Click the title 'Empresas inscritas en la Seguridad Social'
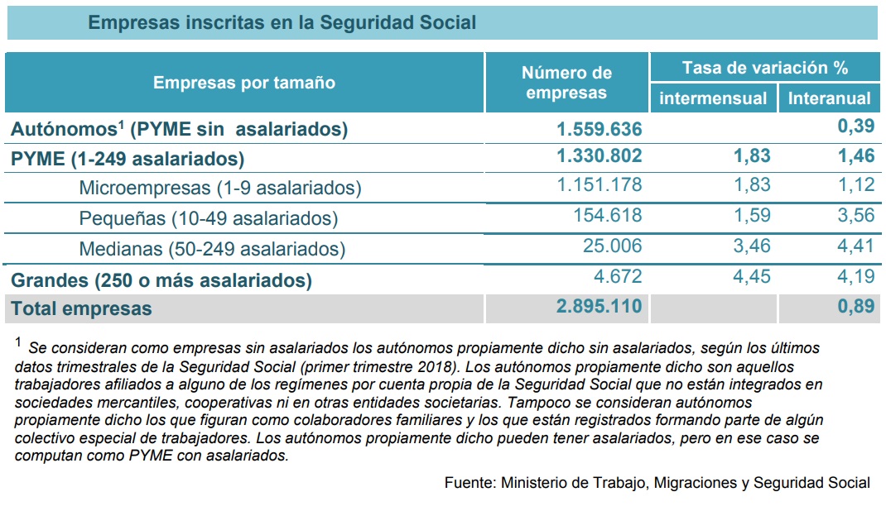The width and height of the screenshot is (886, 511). [x=282, y=22]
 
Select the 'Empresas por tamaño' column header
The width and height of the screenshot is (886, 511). [x=244, y=83]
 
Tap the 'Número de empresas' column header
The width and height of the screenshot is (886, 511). [x=566, y=83]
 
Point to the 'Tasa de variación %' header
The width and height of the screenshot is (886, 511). [x=765, y=68]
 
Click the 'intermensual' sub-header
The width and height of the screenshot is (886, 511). [x=713, y=98]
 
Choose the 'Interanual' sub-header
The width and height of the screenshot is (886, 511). [x=829, y=98]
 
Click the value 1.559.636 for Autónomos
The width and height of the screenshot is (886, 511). [x=599, y=129]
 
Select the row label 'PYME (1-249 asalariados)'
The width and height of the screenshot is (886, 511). [x=128, y=159]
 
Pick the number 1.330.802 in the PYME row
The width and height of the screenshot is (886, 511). [x=599, y=155]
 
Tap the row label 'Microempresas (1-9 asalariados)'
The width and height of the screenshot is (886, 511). [x=219, y=188]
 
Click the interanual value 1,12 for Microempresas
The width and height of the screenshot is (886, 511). [x=856, y=184]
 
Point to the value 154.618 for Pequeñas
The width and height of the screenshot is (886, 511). [x=608, y=215]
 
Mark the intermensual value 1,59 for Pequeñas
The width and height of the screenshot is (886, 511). [x=752, y=215]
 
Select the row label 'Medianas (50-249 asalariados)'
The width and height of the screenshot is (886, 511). [x=212, y=249]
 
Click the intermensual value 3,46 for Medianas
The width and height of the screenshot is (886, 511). [x=752, y=246]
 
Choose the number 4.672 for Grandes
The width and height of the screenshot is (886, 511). [x=618, y=276]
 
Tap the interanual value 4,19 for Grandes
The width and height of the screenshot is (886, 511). [x=856, y=276]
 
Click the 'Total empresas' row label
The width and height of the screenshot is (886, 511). [x=81, y=308]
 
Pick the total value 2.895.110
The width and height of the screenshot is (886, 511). [x=599, y=306]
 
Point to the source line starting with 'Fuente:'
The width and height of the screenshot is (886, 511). [x=657, y=483]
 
